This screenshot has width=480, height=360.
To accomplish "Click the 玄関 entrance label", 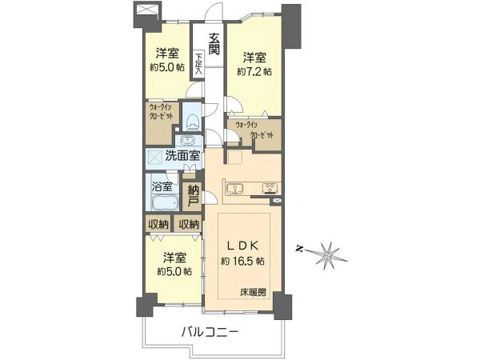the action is (214, 44).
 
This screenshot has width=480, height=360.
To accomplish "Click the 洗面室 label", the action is (182, 156).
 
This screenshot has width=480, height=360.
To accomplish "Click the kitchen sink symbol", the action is (234, 189).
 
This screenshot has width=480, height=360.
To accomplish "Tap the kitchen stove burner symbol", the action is (271, 189).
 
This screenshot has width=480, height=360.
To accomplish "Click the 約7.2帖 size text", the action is (254, 72).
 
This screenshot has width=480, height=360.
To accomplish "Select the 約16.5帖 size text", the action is (243, 261).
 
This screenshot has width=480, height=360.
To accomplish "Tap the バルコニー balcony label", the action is (210, 332).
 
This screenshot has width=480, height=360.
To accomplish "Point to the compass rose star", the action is (327, 255).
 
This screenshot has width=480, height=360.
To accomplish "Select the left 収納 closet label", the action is (158, 225).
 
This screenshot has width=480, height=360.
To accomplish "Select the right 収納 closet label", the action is (189, 225).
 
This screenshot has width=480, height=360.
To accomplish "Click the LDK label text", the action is (243, 246).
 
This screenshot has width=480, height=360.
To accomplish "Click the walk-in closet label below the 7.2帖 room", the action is (254, 130).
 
